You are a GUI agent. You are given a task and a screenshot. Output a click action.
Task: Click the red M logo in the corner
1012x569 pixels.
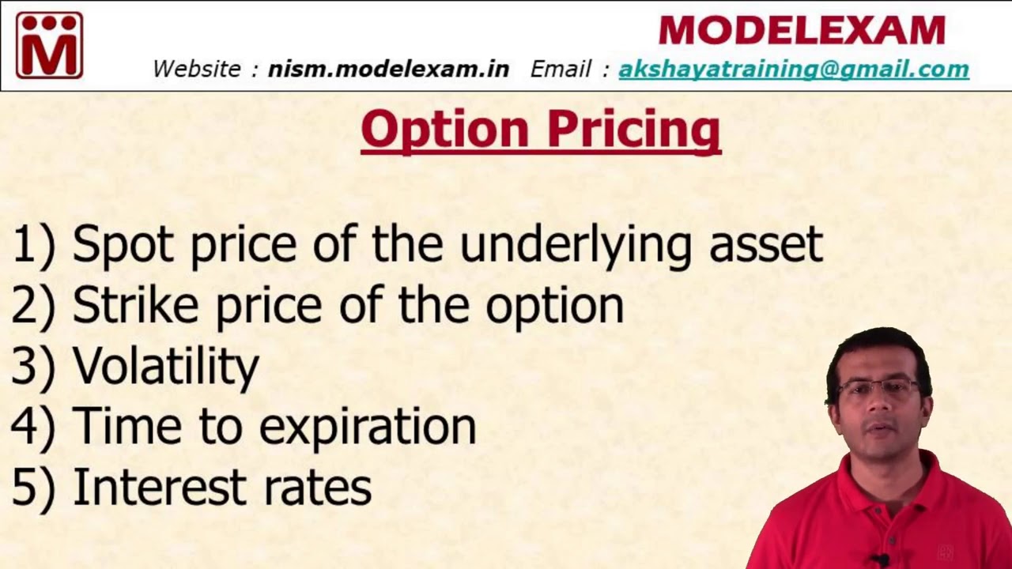49,45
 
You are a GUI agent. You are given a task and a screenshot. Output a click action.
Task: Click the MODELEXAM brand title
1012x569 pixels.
801,31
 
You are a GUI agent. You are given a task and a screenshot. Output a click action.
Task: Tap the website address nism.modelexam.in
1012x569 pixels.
388,69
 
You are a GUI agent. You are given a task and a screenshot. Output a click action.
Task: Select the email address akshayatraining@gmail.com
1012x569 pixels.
793,70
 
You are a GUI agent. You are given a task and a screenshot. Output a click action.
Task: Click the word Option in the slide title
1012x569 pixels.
444,130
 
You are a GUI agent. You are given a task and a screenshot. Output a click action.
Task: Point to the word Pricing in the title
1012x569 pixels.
632,130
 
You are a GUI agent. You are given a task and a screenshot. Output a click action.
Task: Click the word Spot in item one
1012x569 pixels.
123,243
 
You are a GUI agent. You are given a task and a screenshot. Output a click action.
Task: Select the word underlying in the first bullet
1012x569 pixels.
578,245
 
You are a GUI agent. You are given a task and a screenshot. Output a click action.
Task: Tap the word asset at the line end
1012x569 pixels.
765,245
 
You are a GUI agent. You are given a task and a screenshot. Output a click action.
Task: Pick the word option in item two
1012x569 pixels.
554,307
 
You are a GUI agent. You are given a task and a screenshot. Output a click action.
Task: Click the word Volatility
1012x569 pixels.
165,366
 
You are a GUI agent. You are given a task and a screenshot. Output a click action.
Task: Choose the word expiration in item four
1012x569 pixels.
368,428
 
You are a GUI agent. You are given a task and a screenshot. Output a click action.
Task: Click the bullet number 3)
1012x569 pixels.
33,367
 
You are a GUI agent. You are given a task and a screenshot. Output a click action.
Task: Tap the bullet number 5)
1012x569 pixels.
33,488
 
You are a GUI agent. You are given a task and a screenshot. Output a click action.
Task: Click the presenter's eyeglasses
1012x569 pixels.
879,388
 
